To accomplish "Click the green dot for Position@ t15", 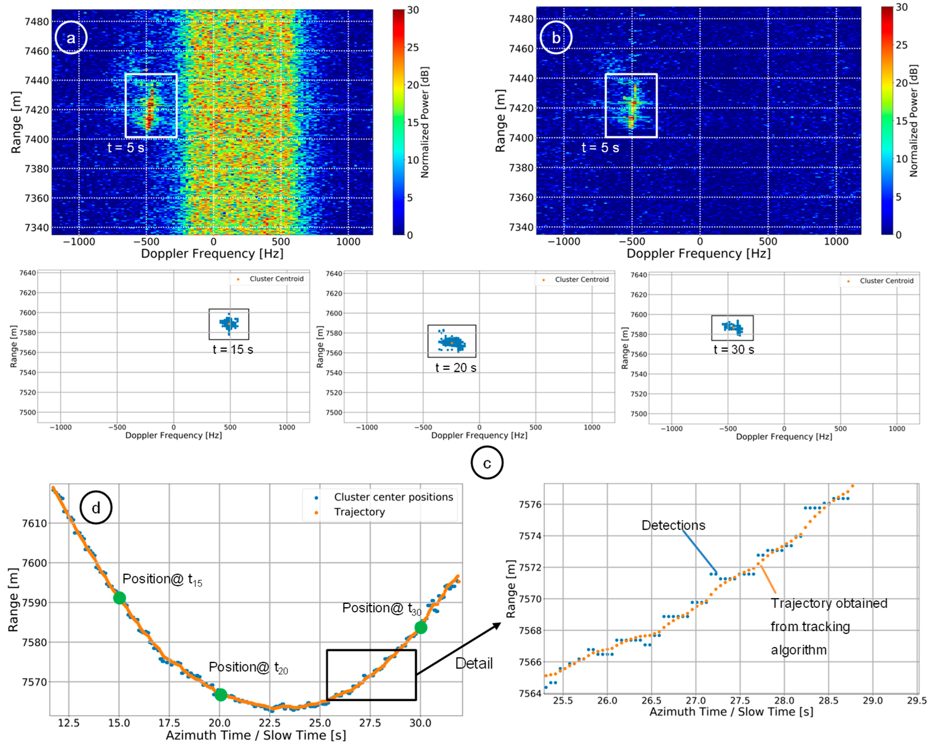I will [120, 598].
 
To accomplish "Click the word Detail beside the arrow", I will [474, 663].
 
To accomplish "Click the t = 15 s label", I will [233, 349].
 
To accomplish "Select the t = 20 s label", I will [456, 368].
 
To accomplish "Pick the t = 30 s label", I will [734, 349].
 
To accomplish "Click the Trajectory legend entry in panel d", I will [359, 512].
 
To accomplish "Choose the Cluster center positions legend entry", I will [393, 497].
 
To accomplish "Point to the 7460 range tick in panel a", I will [37, 51].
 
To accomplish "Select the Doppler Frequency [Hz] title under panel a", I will [212, 254].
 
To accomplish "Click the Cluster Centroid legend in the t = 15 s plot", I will [276, 279].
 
